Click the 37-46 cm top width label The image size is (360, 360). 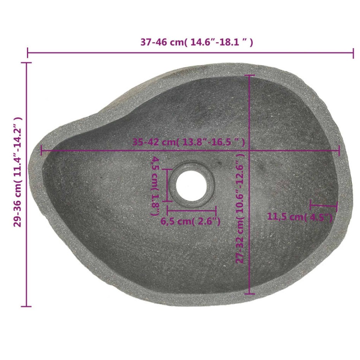click(x=197, y=42)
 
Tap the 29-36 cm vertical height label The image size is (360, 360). click(x=17, y=171)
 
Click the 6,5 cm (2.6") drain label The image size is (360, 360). click(x=190, y=221)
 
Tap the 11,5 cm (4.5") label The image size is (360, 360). click(x=300, y=217)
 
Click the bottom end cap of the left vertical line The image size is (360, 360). click(x=26, y=306)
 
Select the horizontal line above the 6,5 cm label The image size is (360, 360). click(x=191, y=210)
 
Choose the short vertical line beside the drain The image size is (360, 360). click(x=167, y=186)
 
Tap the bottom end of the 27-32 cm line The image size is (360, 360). click(x=249, y=293)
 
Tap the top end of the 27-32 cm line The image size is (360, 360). click(x=249, y=76)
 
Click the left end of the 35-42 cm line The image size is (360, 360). click(x=41, y=150)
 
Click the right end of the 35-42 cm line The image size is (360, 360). click(x=339, y=150)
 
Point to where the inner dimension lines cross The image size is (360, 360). click(x=249, y=150)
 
